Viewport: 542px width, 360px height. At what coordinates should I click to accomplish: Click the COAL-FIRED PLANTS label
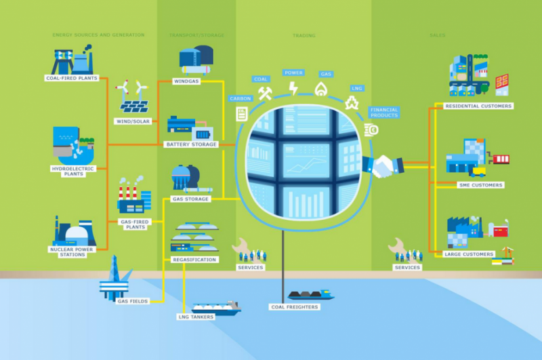point(72,78)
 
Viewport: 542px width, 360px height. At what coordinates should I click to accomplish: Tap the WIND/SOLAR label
point(133,121)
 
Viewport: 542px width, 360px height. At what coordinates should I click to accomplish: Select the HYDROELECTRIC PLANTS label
point(73,171)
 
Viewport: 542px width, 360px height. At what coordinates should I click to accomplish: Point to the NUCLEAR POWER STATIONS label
point(72,252)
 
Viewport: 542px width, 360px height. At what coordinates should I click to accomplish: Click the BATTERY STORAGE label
point(191,144)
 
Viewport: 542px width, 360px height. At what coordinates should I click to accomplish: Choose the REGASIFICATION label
point(194,260)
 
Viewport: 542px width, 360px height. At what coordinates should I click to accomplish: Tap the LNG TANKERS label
point(196,317)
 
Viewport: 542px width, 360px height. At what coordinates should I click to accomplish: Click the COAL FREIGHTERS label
point(295,306)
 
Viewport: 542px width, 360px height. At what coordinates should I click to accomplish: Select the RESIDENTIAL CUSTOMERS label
point(478,106)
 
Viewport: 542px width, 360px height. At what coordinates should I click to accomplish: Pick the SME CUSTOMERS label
point(481,185)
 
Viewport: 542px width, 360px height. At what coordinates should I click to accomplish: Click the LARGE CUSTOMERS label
point(469,254)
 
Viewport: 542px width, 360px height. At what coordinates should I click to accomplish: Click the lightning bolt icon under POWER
point(293,88)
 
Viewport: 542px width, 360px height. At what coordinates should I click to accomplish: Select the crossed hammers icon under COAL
point(265,93)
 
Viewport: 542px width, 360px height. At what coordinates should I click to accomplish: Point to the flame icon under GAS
point(320,89)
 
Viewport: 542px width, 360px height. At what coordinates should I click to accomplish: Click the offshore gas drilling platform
point(115,279)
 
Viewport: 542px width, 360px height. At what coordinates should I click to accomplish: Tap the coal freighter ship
point(311,295)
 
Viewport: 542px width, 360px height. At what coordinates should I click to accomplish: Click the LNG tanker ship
point(216,308)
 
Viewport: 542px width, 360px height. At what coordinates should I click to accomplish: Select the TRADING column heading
point(304,35)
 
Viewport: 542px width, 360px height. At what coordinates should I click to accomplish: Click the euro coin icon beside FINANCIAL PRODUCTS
point(371,130)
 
